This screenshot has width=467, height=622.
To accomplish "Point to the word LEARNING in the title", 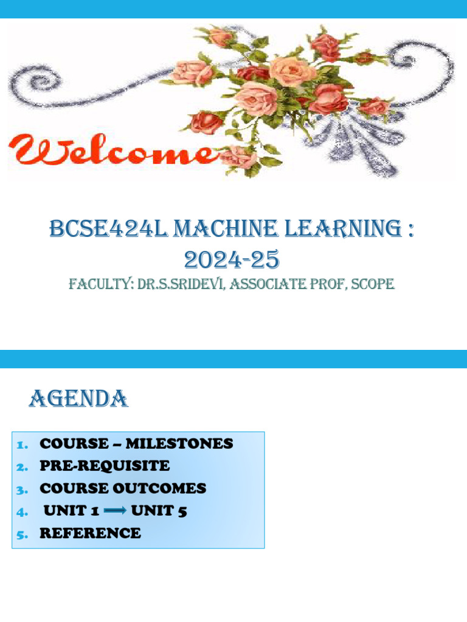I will (x=338, y=231).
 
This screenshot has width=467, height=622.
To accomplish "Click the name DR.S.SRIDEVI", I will (x=182, y=284).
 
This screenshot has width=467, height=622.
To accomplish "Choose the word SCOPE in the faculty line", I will (x=372, y=284).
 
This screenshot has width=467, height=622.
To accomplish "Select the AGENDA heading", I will (x=78, y=399).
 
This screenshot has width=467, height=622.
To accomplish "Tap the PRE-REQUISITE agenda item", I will (x=105, y=466).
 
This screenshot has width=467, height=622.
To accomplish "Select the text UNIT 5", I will (x=159, y=511).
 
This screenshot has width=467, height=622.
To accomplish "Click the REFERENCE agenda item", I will (x=90, y=533).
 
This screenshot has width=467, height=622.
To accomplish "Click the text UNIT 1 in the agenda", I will (x=71, y=511).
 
